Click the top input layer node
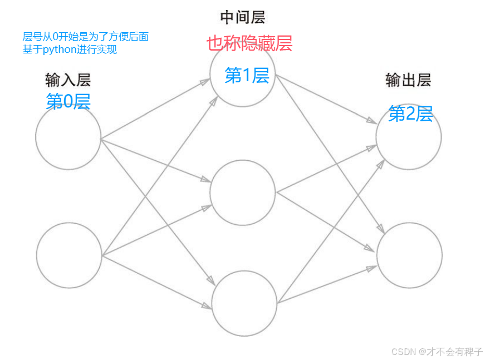(x=68, y=137)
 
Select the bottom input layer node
(x=69, y=255)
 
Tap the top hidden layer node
(x=243, y=74)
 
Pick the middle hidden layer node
(x=243, y=193)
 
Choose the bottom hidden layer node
(x=244, y=303)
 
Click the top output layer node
(x=409, y=137)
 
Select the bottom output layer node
(x=409, y=255)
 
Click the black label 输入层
(x=68, y=80)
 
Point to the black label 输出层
(x=408, y=80)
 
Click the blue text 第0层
(x=68, y=101)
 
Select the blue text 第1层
(x=247, y=75)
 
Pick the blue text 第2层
(x=410, y=114)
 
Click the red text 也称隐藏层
(x=249, y=43)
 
